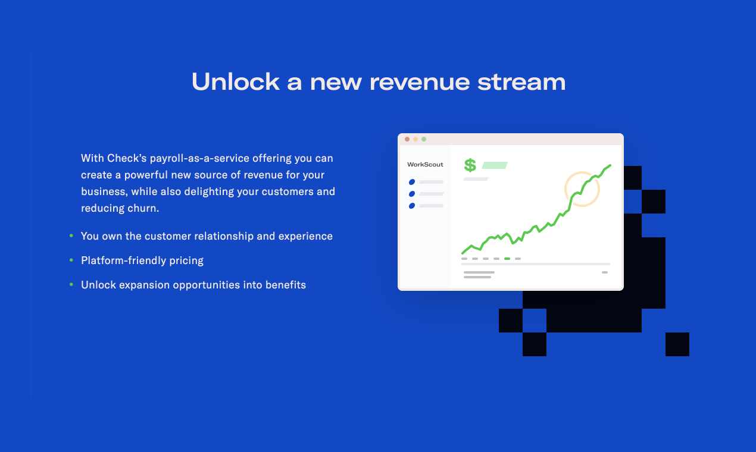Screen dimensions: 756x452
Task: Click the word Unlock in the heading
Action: coord(236,81)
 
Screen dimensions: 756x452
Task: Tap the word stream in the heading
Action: coord(521,83)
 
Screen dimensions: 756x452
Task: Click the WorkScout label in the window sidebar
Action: coord(425,165)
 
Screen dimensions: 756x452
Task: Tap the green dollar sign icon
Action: coord(470,165)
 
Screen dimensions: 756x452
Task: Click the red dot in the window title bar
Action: coord(407,139)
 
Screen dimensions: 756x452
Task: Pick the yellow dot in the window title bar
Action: coord(416,139)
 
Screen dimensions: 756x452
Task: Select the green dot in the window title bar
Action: coord(424,139)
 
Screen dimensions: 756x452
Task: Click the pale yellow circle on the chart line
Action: coord(566,189)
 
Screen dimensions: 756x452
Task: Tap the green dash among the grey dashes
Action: coord(507,259)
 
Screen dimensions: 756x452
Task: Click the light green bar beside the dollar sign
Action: coord(495,165)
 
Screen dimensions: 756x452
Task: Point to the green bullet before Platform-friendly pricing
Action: coord(71,260)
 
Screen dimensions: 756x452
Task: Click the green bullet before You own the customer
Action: coord(71,236)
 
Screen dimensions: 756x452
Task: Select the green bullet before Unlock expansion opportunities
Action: coord(71,285)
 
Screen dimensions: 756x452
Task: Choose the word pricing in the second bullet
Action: coord(186,260)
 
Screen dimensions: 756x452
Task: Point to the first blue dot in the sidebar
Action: coord(412,182)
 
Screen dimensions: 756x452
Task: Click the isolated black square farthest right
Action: coord(677,344)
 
